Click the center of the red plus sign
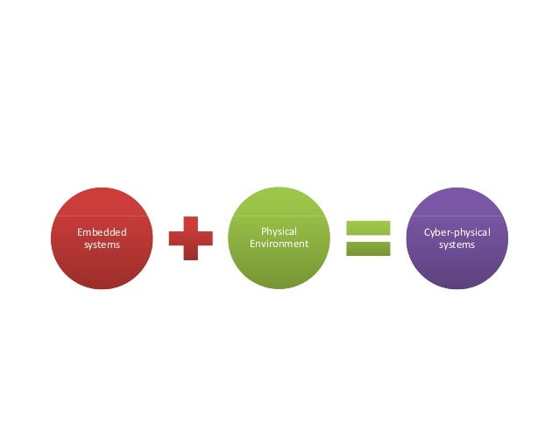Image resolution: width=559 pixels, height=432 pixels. (x=190, y=238)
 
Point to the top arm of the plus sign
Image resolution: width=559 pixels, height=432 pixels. (x=190, y=223)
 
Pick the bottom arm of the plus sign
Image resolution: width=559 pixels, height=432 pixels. (x=190, y=253)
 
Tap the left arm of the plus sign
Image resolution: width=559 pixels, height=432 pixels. (x=175, y=238)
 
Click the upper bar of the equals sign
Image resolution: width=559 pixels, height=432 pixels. (x=368, y=228)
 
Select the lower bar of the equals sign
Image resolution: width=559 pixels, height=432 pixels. (x=368, y=249)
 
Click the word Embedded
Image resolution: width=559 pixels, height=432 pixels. (x=102, y=232)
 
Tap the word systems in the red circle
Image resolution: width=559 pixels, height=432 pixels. (x=102, y=245)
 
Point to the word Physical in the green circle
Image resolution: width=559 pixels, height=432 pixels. (x=279, y=231)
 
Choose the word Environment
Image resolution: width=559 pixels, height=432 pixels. (x=279, y=244)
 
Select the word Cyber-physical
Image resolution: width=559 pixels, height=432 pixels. (x=456, y=232)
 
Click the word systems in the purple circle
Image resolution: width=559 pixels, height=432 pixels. (x=456, y=245)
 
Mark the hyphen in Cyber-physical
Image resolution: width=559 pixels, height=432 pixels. (x=449, y=233)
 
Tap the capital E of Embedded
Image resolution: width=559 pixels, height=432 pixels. (x=80, y=232)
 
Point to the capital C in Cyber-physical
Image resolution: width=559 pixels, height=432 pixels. (x=427, y=232)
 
